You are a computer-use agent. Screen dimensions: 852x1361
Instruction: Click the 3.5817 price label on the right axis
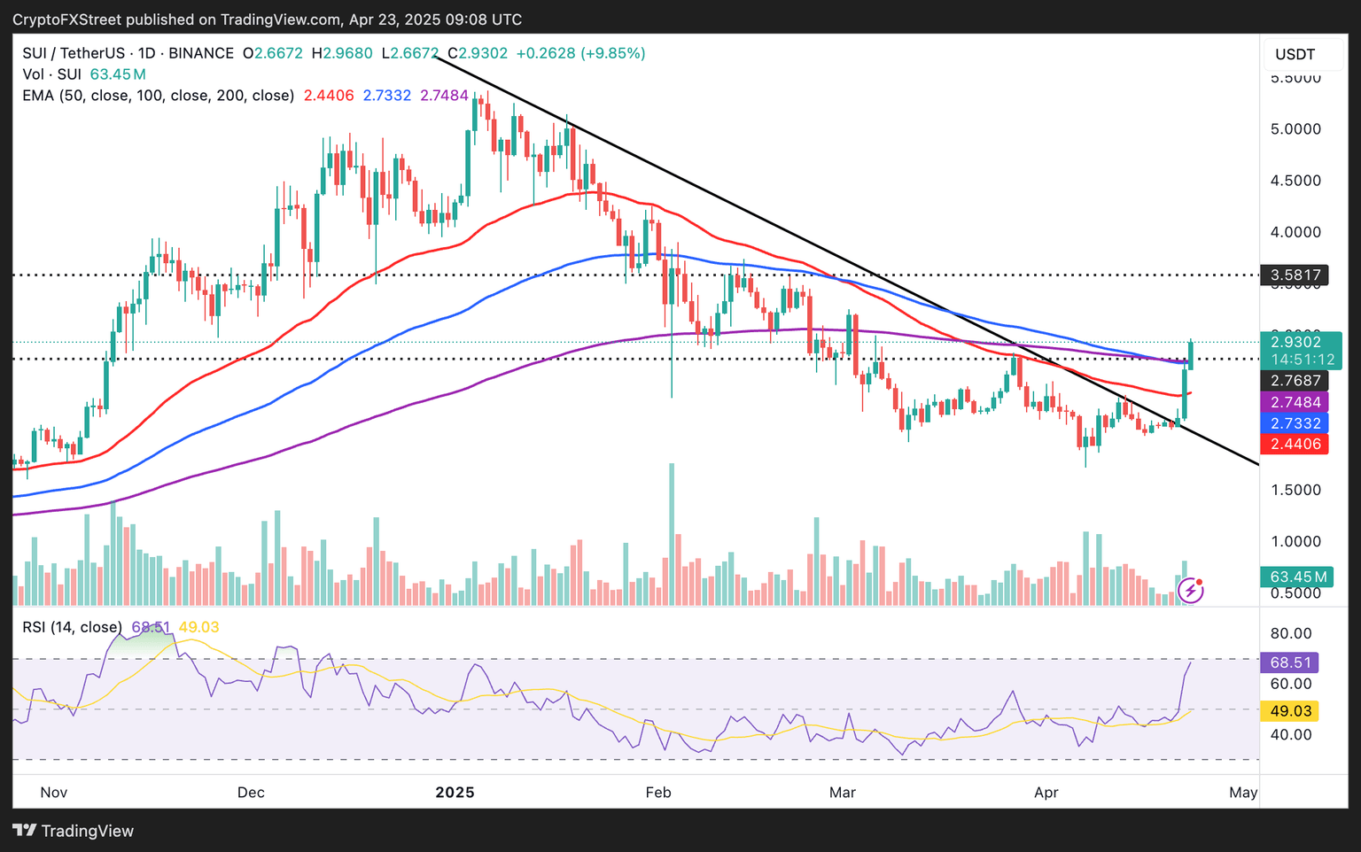click(1295, 275)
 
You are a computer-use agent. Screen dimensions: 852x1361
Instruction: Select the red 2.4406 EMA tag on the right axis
click(1295, 445)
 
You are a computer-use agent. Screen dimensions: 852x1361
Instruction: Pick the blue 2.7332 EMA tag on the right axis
click(1295, 423)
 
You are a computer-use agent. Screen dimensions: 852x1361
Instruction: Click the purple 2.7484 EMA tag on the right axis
click(1295, 402)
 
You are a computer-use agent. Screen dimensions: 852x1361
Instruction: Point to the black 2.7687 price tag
click(1295, 381)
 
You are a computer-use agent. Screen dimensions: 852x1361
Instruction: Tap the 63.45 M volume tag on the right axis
click(1298, 577)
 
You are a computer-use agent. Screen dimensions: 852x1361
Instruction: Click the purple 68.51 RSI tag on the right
click(1290, 662)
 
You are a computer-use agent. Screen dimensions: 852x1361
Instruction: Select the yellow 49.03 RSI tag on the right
click(1290, 711)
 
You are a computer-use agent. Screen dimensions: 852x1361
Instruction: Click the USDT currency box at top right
click(1295, 55)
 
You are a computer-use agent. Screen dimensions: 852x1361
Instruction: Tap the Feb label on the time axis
click(658, 792)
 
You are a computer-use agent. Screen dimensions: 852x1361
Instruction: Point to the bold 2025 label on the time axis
click(455, 792)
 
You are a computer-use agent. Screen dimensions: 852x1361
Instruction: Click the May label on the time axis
click(1243, 792)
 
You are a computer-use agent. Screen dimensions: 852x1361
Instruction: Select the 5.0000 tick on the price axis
click(1295, 129)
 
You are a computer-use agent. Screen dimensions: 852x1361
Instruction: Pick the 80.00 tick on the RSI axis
click(1290, 633)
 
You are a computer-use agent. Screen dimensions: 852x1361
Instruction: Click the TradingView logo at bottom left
click(74, 831)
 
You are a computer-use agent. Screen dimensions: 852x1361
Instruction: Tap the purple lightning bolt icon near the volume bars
click(1190, 590)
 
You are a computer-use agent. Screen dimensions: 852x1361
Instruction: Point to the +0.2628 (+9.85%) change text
click(580, 53)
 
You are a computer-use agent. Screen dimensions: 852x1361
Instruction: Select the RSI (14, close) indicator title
click(73, 627)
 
